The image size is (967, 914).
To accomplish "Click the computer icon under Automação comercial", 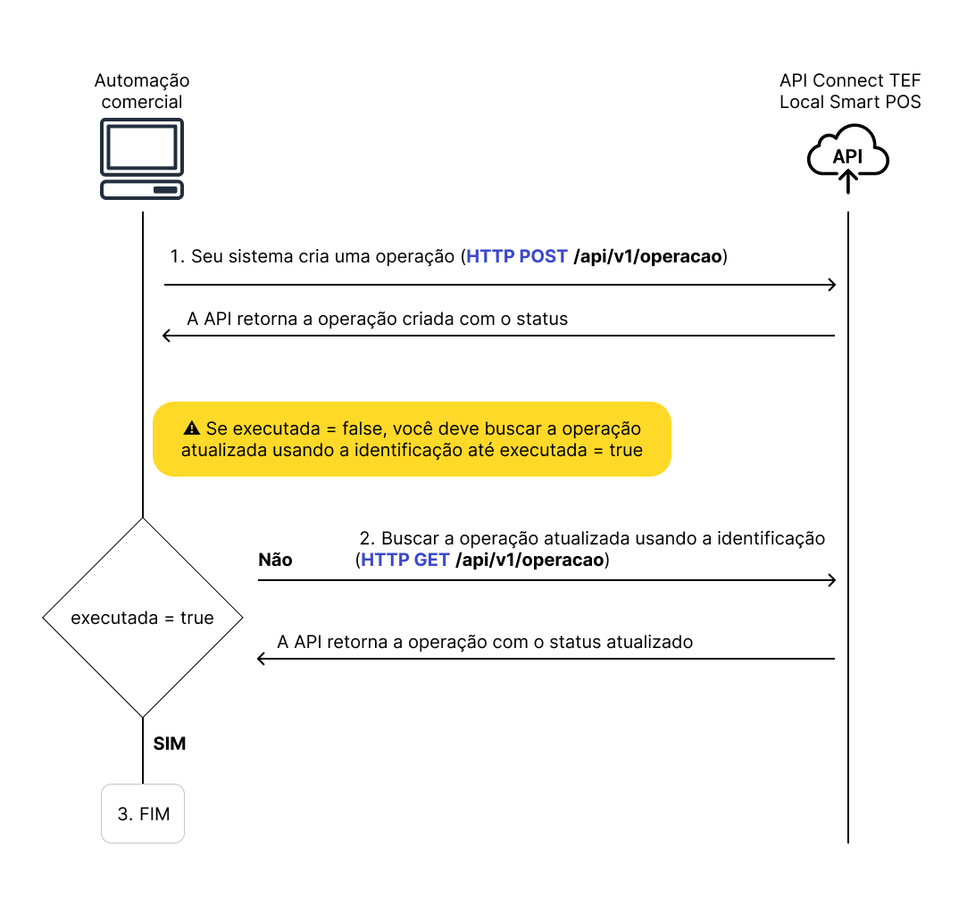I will click(x=142, y=159).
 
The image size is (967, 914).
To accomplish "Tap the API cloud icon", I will click(x=847, y=158).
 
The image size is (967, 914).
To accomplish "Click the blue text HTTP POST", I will click(x=517, y=257).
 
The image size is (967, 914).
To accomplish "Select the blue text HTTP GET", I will click(x=404, y=561).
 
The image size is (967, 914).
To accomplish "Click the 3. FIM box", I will click(x=143, y=813).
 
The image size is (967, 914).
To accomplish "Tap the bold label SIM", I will click(x=170, y=743).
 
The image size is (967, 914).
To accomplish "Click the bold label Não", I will click(x=275, y=561).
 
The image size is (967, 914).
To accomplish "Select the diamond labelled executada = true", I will click(x=143, y=617).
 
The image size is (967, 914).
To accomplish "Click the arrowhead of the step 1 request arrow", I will click(x=831, y=285).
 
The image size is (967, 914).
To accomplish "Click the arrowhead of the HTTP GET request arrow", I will click(x=831, y=580).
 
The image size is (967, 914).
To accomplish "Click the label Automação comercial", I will click(x=142, y=91).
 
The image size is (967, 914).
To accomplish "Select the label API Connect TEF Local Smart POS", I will click(x=850, y=91).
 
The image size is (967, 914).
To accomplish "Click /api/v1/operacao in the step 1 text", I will click(x=647, y=257).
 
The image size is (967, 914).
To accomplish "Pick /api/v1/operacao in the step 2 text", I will click(x=529, y=561).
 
